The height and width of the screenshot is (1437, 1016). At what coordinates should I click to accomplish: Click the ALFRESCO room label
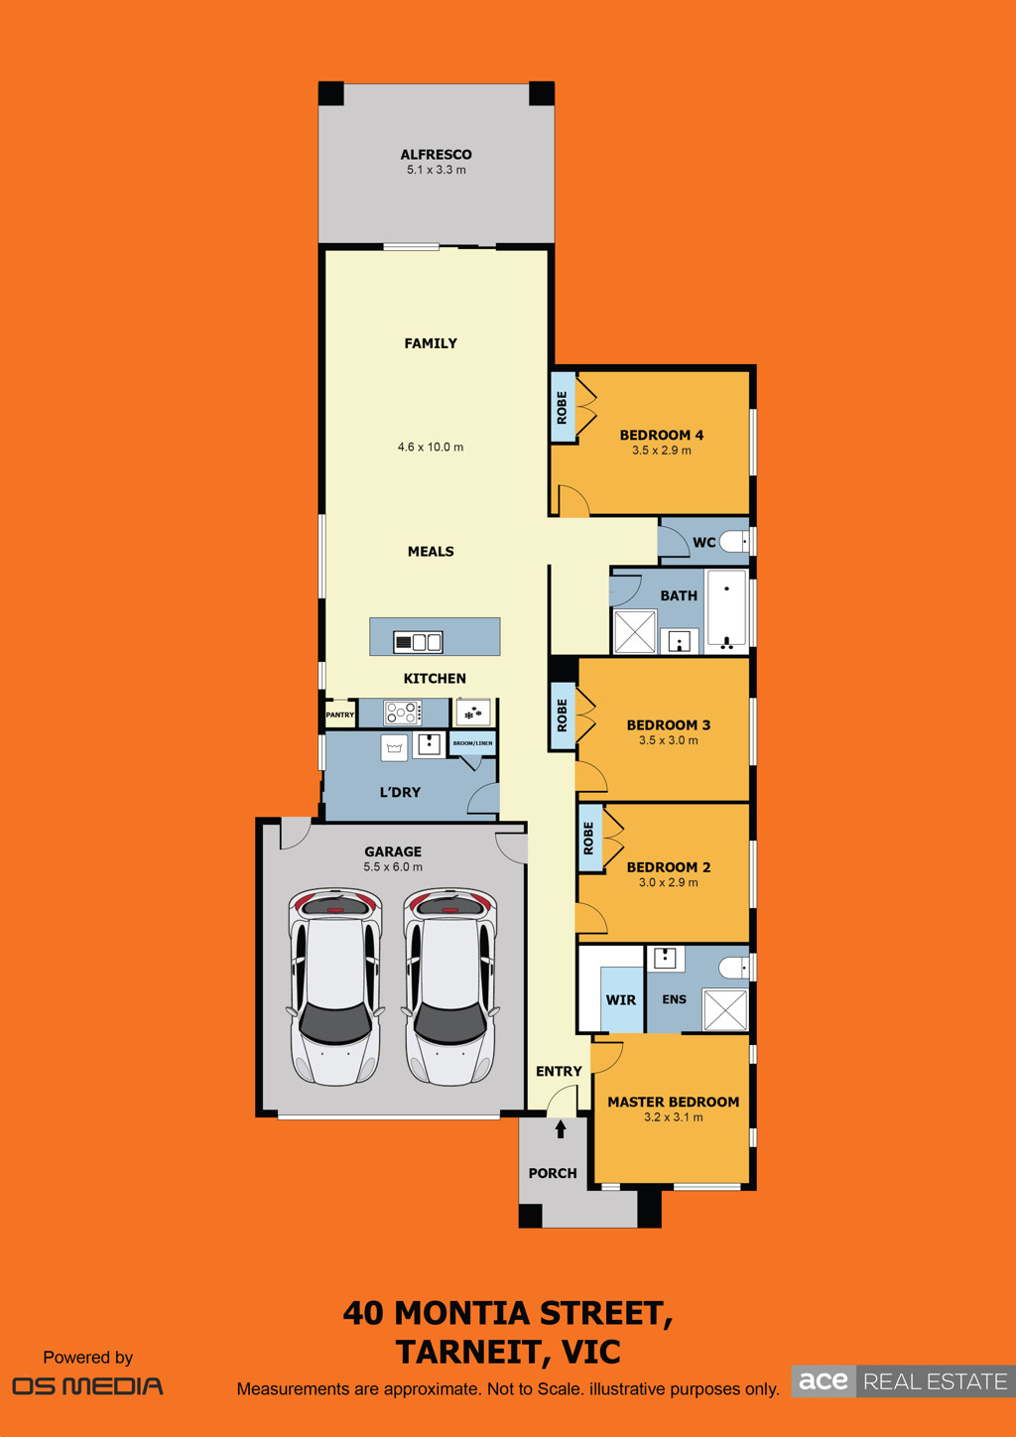coord(436,155)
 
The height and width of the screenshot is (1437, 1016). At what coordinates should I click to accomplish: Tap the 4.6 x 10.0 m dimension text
coord(431,448)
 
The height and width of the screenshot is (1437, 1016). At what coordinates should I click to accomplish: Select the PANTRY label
coord(340,715)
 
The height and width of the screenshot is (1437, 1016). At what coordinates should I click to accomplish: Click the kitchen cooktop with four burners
coord(402,713)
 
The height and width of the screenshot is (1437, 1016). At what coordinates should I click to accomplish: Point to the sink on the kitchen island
coord(418,641)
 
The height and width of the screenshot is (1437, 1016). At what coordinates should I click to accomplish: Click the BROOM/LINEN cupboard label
coord(472,743)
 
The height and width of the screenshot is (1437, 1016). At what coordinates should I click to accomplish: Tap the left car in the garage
coord(335,987)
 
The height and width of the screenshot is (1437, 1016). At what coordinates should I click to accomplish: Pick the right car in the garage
coord(449,987)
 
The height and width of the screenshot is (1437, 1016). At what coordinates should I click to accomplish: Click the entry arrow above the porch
coord(561,1128)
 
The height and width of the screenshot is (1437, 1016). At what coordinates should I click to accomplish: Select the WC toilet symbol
coord(733,542)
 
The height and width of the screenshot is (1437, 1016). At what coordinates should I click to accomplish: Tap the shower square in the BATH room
coord(635,632)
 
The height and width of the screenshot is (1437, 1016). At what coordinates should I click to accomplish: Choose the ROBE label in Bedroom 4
coord(563,407)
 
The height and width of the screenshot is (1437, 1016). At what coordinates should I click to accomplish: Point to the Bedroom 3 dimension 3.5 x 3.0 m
coord(669,740)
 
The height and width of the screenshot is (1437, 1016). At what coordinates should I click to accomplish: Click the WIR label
coord(621,1000)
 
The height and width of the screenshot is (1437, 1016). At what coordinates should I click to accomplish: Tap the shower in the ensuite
coord(725,1010)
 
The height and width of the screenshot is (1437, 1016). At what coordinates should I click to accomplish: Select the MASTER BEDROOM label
coord(674,1103)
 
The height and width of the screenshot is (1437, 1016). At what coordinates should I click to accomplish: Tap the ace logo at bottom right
coord(824,1380)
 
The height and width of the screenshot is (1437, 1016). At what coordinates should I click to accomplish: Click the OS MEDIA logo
coord(88,1386)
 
